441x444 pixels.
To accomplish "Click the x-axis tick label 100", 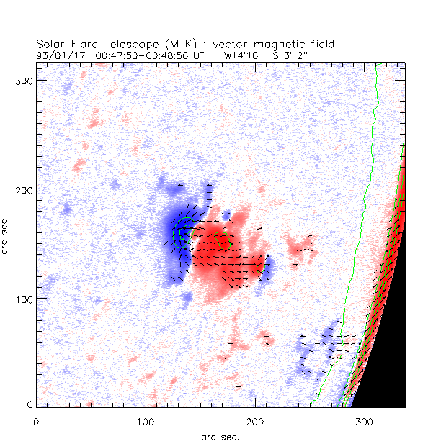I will pyautogui.click(x=145, y=420).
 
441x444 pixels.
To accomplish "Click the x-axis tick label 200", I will pyautogui.click(x=254, y=420).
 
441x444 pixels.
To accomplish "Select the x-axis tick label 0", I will pyautogui.click(x=36, y=420).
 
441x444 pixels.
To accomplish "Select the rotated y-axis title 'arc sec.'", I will pyautogui.click(x=7, y=233).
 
